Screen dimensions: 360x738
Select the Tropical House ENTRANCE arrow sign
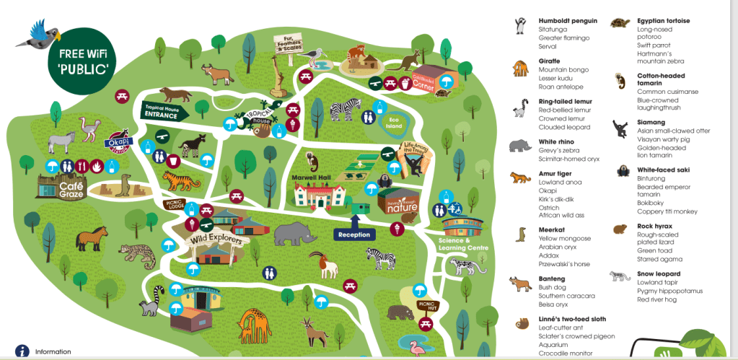(165, 111)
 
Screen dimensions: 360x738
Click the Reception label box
(353, 234)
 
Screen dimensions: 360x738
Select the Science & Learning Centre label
(462, 244)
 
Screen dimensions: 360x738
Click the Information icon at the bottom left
(22, 351)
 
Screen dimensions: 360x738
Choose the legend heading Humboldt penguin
(568, 20)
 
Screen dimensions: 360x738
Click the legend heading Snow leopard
(659, 274)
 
